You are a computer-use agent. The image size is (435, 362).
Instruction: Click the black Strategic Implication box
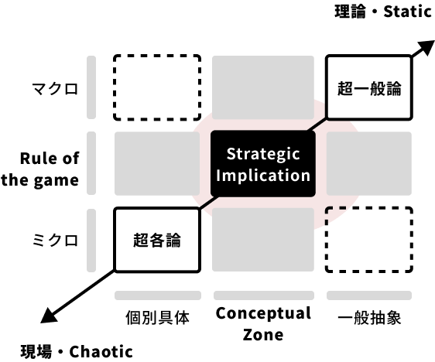(x=263, y=164)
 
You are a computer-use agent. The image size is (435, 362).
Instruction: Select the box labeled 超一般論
(x=369, y=88)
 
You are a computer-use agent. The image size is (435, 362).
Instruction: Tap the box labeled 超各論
(x=157, y=240)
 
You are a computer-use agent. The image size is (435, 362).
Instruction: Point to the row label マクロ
(x=55, y=89)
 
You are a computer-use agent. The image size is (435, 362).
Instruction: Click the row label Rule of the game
(x=40, y=169)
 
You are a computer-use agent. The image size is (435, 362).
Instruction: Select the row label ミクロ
(x=55, y=240)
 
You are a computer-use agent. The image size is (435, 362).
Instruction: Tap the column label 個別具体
(x=157, y=317)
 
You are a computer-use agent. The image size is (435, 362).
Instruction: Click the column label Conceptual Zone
(x=263, y=324)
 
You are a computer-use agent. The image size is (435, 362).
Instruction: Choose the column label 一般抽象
(x=369, y=317)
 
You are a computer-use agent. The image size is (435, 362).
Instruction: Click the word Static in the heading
(x=407, y=12)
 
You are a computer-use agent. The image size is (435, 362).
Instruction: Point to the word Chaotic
(x=101, y=352)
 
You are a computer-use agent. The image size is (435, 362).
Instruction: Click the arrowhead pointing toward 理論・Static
(x=425, y=47)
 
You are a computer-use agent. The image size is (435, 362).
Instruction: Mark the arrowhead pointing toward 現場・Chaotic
(x=50, y=316)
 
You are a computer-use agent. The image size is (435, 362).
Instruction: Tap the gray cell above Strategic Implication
(x=263, y=87)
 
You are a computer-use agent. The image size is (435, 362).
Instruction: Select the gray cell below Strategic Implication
(x=263, y=240)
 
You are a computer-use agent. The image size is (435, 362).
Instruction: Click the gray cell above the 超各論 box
(x=157, y=163)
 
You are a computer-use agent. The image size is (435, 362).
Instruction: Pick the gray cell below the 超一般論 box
(x=369, y=163)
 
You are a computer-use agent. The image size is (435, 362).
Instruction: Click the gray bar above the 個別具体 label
(x=158, y=295)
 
